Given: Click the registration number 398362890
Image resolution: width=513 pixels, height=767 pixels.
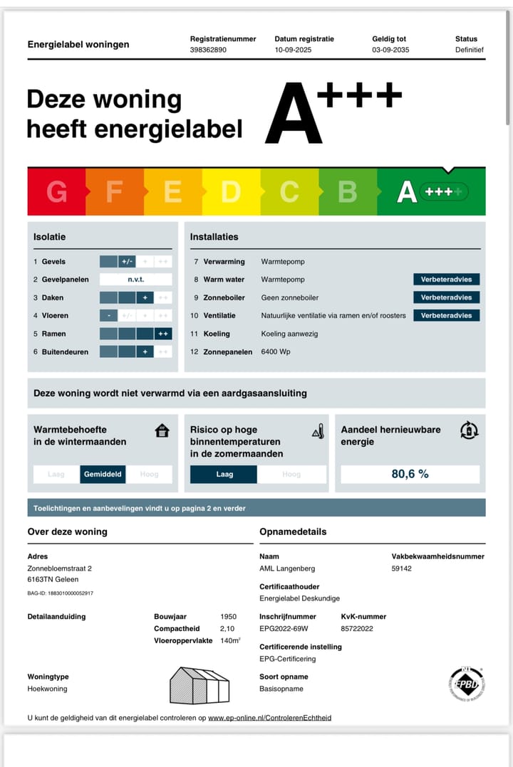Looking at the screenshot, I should tap(207, 51).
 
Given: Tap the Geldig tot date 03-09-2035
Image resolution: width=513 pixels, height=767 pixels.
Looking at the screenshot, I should tap(390, 51).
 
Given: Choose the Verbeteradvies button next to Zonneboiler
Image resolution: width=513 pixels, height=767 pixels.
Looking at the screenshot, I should tap(446, 297).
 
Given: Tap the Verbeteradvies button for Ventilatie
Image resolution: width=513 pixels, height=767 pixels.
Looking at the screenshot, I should tap(446, 315).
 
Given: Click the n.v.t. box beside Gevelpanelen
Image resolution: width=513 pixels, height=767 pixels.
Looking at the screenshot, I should tap(135, 280).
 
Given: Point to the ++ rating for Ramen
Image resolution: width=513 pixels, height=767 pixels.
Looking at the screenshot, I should tap(162, 334).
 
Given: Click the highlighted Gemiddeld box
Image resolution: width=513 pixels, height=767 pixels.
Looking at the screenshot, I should tap(103, 474).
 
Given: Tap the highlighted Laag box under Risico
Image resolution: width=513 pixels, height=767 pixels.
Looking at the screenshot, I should tap(224, 474).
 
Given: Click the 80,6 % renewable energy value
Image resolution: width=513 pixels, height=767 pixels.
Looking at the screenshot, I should tap(410, 474).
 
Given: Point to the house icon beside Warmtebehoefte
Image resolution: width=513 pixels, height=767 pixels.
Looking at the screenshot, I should tap(162, 430).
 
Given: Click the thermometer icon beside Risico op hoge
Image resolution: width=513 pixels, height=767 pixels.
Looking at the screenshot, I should tap(318, 430).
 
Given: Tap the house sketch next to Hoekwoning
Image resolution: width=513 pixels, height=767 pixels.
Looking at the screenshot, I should tap(199, 686).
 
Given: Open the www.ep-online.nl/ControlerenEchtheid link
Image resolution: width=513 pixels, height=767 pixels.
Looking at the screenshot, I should tap(269, 718).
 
